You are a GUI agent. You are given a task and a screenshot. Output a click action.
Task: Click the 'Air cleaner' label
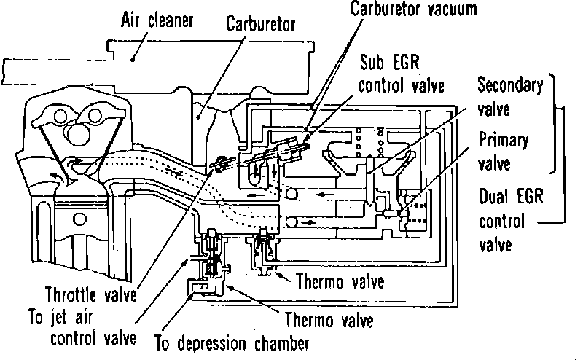tap(156, 20)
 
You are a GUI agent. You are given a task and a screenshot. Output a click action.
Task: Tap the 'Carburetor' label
tap(261, 24)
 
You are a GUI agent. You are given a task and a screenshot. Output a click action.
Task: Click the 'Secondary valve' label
tap(509, 95)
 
